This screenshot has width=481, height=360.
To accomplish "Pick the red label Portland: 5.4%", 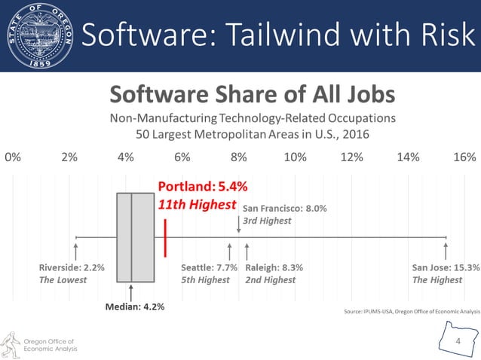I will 202,186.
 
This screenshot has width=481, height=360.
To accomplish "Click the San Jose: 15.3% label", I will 446,267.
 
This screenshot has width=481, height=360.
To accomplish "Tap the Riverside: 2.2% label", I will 72,267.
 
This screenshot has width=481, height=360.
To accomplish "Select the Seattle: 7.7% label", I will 210,267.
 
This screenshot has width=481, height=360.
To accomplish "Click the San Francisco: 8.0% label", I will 284,209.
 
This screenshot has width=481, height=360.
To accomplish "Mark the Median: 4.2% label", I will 135,307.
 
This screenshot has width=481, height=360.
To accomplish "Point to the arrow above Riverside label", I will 76,250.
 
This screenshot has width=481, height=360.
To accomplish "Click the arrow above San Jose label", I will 446,250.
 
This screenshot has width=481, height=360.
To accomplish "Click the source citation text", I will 410,311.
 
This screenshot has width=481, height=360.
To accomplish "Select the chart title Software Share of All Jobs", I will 253,95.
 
